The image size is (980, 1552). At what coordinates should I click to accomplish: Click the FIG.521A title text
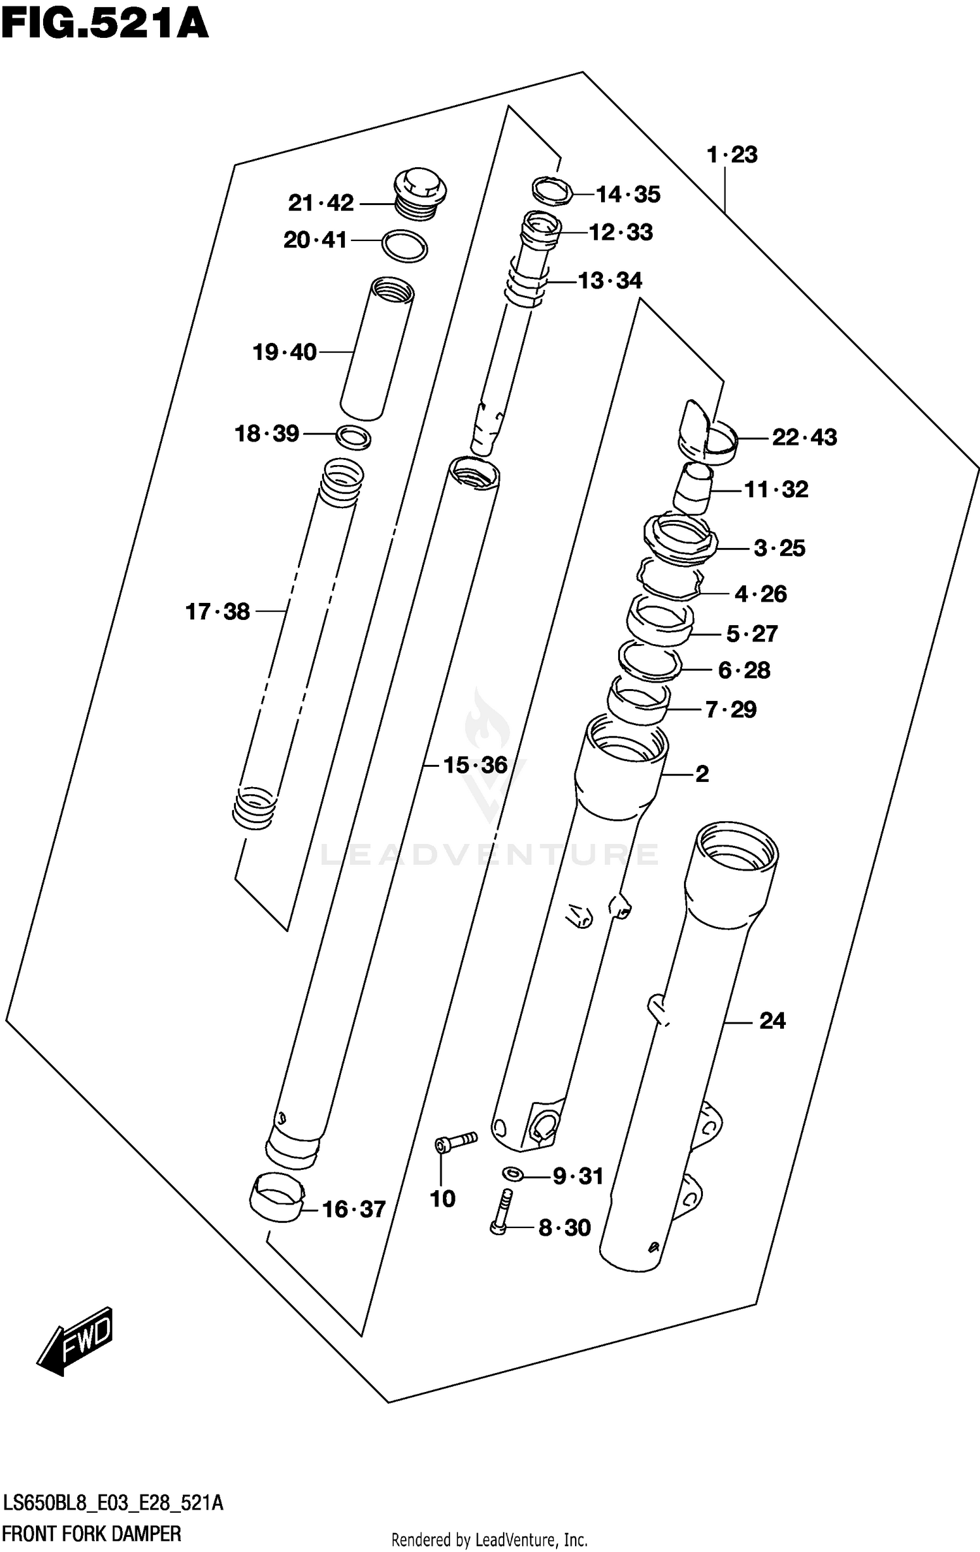[105, 25]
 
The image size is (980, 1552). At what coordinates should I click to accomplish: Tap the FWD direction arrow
[76, 1342]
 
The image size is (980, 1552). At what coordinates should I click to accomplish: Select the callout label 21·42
[321, 203]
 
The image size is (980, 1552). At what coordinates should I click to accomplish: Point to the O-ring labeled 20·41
[404, 246]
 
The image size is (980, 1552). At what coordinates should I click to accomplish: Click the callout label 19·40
[284, 353]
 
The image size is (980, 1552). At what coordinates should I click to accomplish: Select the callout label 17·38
[218, 612]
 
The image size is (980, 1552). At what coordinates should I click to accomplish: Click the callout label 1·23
[732, 155]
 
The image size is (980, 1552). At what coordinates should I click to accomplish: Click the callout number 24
[772, 1020]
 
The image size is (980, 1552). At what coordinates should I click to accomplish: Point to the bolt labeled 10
[455, 1142]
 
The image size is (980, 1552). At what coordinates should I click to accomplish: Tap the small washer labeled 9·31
[513, 1174]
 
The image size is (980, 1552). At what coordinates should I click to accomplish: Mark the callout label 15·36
[475, 765]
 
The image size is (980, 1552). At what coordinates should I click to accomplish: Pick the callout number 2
[702, 774]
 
